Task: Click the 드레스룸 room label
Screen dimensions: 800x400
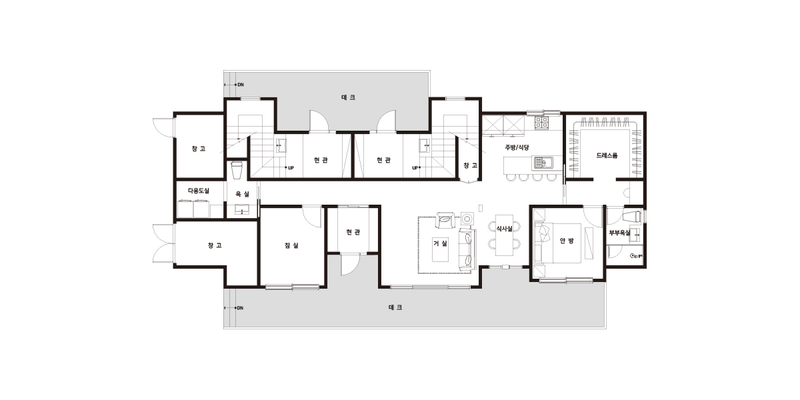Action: tap(607, 155)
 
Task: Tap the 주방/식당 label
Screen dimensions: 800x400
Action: tap(517, 147)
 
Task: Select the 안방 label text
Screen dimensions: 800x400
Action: tap(567, 241)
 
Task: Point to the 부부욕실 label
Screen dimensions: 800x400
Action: tap(619, 233)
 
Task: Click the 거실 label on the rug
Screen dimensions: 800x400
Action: tap(441, 243)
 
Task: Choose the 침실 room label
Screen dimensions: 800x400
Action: tap(291, 245)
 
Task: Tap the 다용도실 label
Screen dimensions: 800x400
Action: tap(199, 191)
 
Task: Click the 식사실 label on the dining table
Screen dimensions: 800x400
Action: tap(504, 229)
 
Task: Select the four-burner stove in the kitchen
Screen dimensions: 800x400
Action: tap(541, 123)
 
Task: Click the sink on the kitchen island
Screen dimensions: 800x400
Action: tap(543, 163)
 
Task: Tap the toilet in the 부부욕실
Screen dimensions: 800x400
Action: tap(632, 217)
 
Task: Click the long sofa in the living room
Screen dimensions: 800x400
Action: tap(467, 249)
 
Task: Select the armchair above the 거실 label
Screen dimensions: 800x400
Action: tap(445, 221)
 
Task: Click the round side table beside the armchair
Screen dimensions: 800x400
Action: tap(467, 218)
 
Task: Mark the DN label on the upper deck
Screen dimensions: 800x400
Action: tap(241, 85)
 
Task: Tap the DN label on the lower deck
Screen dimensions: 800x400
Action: tap(240, 308)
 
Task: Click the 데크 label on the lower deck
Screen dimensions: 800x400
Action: tap(395, 307)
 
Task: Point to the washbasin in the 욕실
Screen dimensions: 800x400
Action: tap(242, 209)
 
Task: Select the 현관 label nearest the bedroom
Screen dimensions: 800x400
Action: tap(353, 232)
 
